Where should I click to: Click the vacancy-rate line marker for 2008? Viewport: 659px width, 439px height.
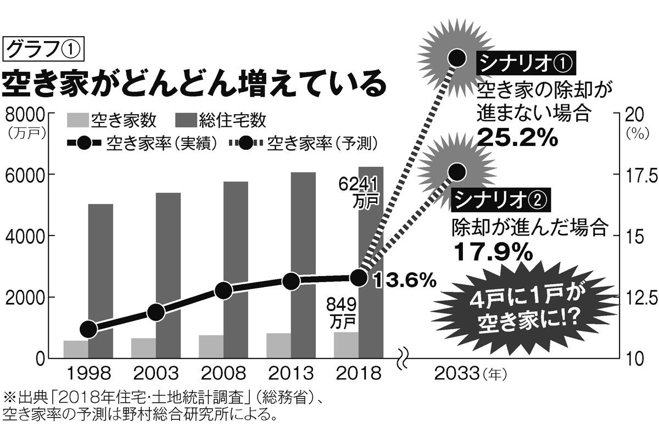tap(224, 291)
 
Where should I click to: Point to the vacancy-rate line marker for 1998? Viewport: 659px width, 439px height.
tap(88, 329)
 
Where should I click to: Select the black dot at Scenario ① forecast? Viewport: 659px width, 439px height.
tap(457, 57)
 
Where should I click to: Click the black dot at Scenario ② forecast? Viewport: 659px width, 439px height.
tap(457, 172)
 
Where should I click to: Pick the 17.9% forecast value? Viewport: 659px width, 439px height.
tap(493, 251)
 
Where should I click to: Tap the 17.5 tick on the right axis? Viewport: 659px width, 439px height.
tap(636, 176)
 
